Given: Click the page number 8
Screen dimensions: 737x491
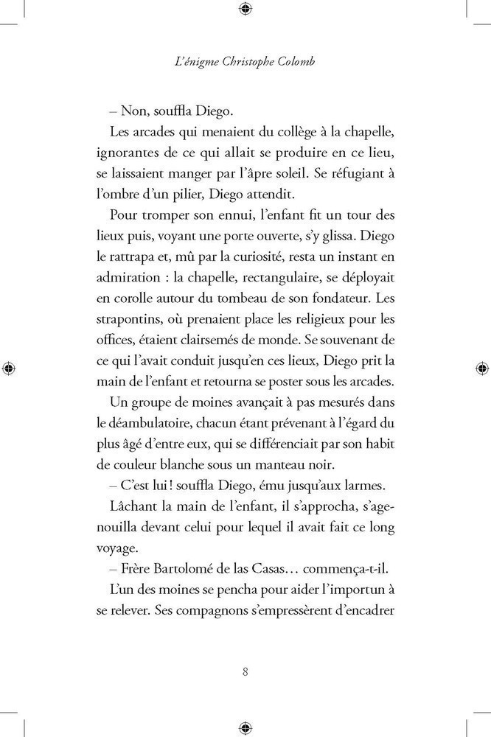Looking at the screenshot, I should click(245, 671).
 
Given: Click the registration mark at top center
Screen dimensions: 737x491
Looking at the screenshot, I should click(245, 9).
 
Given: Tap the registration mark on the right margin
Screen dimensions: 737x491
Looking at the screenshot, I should click(481, 367).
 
